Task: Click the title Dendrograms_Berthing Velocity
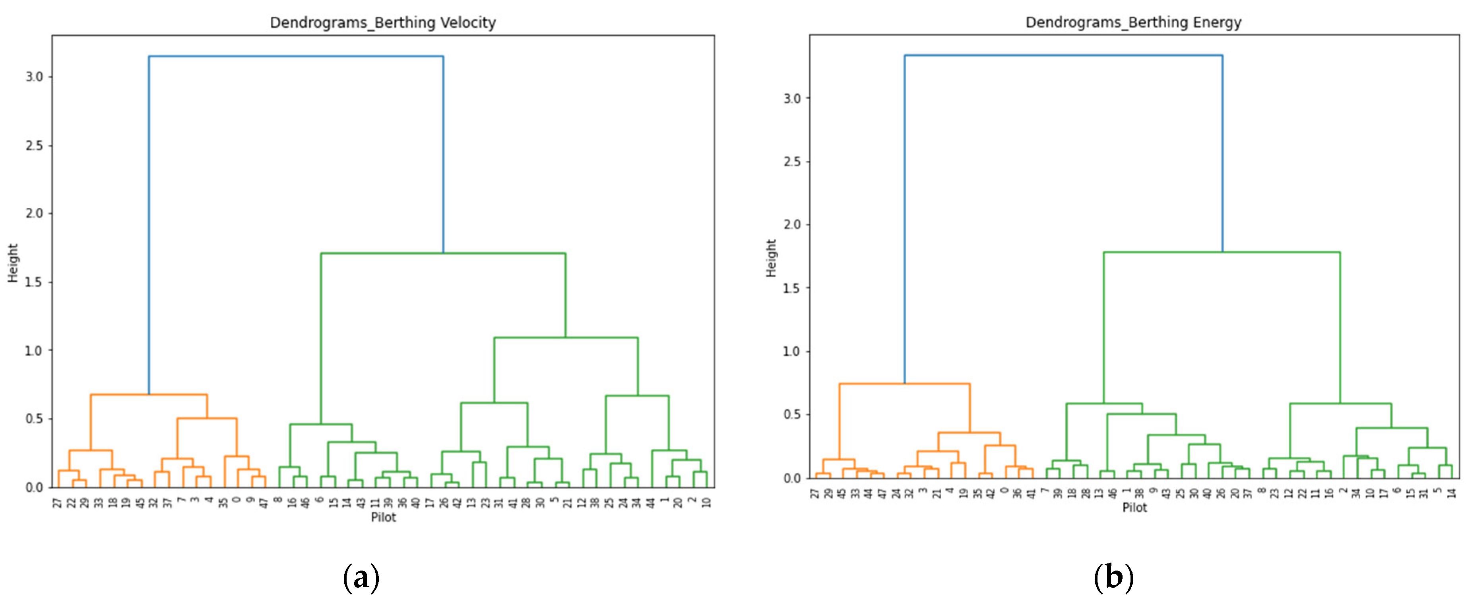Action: (x=382, y=23)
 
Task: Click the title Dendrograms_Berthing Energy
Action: (x=1133, y=23)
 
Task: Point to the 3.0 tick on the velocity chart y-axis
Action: (x=34, y=77)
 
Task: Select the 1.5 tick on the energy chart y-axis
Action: (x=791, y=288)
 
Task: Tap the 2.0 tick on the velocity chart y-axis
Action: (x=34, y=214)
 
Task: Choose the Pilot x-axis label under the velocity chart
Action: (x=383, y=517)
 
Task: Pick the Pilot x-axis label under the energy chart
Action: (x=1134, y=507)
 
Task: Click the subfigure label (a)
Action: (x=361, y=578)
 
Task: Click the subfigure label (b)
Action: (x=1113, y=578)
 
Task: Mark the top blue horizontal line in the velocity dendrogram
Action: (x=296, y=56)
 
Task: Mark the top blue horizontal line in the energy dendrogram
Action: (x=1063, y=55)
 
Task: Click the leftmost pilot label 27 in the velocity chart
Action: (x=57, y=503)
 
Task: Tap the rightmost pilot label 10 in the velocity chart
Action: (x=706, y=502)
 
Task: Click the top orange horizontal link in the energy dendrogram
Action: (x=904, y=384)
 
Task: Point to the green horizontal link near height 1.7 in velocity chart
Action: (x=443, y=253)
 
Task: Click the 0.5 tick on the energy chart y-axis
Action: (x=791, y=415)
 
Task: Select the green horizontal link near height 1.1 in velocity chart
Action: (x=566, y=338)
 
